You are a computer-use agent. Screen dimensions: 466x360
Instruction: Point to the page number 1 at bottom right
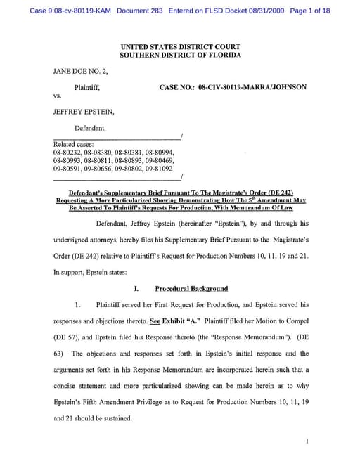308,441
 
